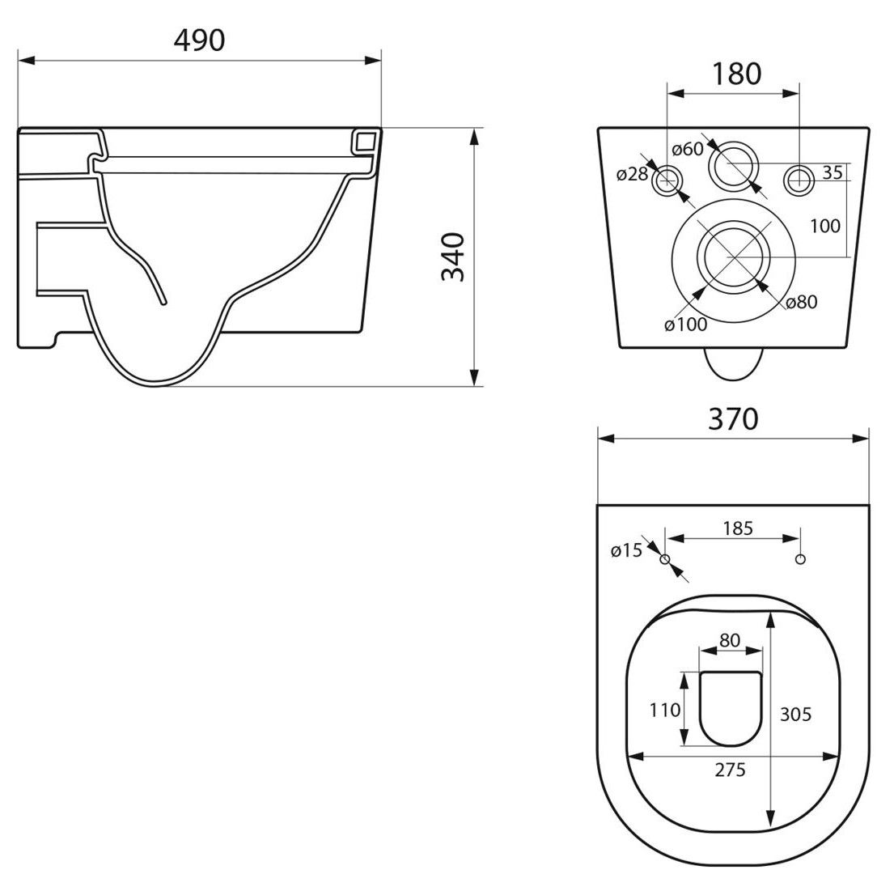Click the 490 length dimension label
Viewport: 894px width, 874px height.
pos(200,40)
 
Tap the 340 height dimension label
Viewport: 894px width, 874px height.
pos(453,257)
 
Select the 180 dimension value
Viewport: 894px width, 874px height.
pos(736,74)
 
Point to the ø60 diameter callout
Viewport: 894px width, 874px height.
pos(688,150)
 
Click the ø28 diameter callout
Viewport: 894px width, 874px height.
pos(633,174)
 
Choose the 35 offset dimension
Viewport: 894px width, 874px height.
pos(833,172)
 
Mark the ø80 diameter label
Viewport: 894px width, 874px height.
pos(802,302)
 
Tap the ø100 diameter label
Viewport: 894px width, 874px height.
pos(686,325)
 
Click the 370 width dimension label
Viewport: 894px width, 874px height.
pos(733,419)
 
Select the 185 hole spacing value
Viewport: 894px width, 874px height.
pos(739,528)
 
